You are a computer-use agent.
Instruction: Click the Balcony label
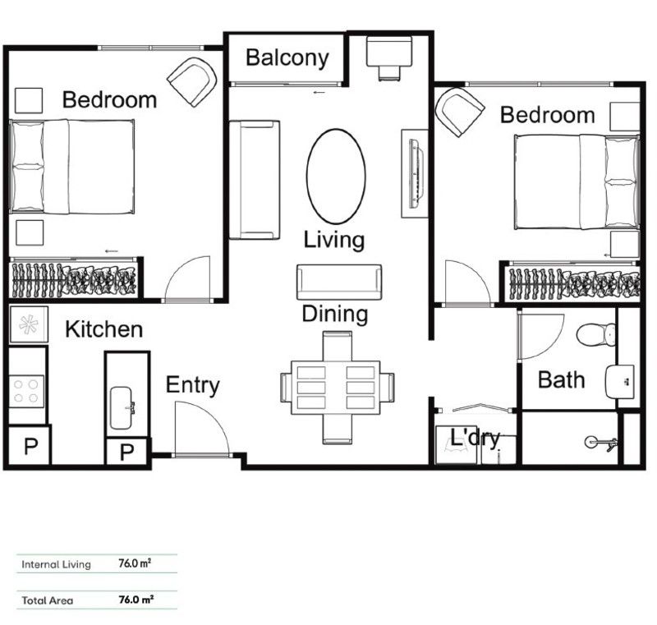[287, 58]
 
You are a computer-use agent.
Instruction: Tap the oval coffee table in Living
[335, 176]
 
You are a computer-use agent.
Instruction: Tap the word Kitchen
[103, 329]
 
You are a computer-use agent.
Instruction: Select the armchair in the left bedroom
[193, 80]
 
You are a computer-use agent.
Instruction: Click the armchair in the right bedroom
[460, 111]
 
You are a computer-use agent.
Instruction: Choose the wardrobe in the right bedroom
[573, 283]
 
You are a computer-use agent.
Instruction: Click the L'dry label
[475, 439]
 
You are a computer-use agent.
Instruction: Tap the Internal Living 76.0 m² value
[136, 564]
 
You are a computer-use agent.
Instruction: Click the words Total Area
[48, 600]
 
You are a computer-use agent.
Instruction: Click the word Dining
[334, 314]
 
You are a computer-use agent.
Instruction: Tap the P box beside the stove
[30, 447]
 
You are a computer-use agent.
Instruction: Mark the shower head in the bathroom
[604, 442]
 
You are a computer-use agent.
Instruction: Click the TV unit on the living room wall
[415, 172]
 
